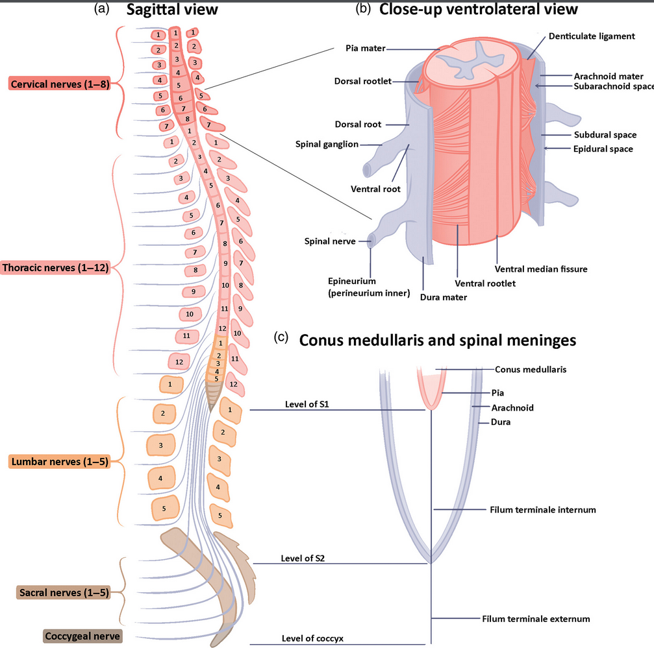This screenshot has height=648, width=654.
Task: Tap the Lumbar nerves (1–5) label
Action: (59, 462)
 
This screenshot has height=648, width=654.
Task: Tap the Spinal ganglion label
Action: (327, 144)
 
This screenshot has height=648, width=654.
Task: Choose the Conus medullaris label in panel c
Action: (531, 369)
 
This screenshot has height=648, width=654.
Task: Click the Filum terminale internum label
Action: (542, 510)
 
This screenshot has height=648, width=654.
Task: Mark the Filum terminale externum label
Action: (536, 619)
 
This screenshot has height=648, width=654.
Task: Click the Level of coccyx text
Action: (312, 639)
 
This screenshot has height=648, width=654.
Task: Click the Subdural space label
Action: (605, 135)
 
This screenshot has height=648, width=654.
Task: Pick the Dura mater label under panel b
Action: (444, 298)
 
